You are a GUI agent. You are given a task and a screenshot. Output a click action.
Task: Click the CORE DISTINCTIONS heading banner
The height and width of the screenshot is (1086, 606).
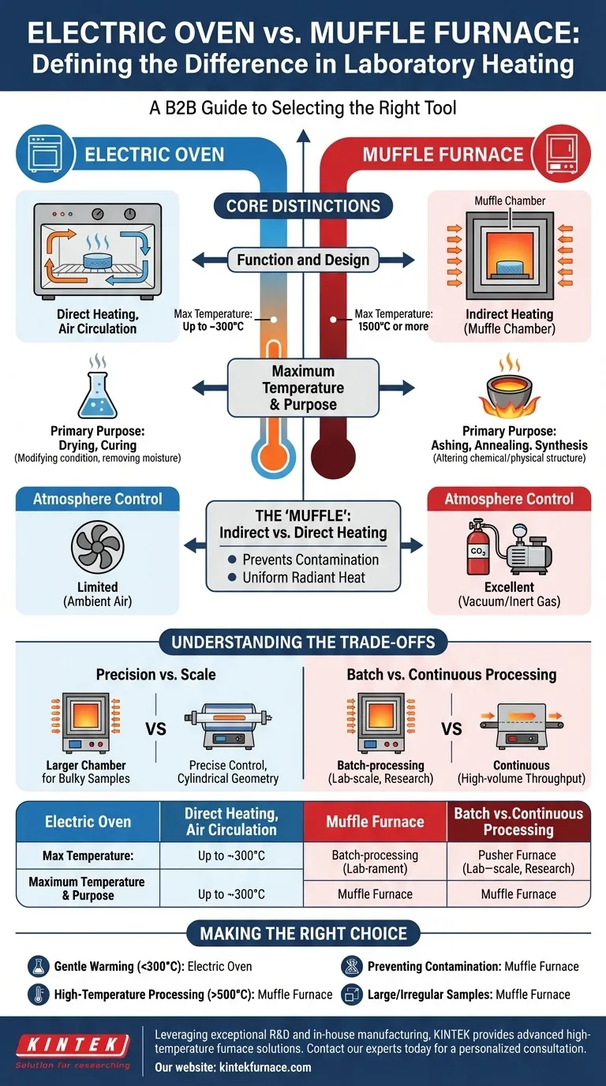tap(303, 207)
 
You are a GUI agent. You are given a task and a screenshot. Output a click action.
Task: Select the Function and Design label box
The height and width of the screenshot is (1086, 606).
tap(303, 260)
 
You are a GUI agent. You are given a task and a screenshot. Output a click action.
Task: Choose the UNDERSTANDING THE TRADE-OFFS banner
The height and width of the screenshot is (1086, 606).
tap(303, 642)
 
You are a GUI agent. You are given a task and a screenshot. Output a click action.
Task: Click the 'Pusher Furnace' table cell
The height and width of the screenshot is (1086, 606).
tap(518, 862)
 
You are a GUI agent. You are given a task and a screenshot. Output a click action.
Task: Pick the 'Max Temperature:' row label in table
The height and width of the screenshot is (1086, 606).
tap(88, 856)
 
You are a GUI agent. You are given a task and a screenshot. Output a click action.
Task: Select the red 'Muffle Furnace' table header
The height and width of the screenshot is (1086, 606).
tap(375, 822)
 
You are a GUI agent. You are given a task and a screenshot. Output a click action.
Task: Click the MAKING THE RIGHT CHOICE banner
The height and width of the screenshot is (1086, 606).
tap(303, 933)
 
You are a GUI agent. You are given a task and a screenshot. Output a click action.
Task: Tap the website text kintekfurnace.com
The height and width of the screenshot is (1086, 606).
tap(233, 1067)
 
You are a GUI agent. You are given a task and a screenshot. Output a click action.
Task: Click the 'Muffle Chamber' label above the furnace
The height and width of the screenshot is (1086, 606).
tap(509, 200)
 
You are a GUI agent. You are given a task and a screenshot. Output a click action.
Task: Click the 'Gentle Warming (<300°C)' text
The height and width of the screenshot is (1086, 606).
tap(117, 966)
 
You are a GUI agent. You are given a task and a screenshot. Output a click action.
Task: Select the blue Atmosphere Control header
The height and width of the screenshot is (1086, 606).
tap(98, 499)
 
